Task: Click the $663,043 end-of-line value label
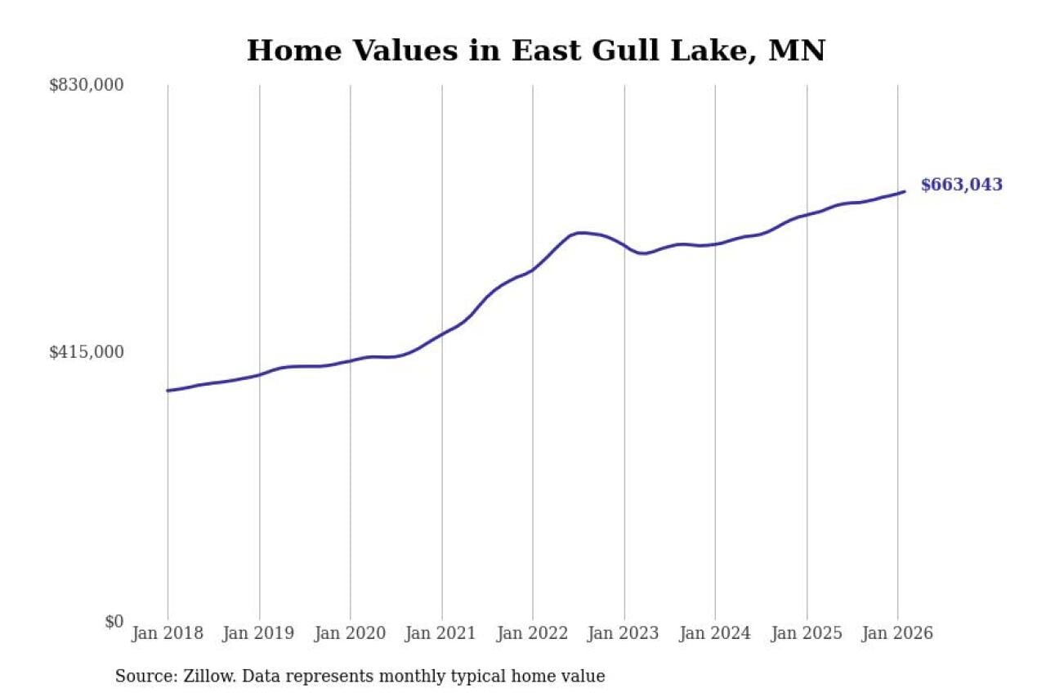[x=961, y=185]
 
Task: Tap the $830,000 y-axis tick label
[x=87, y=85]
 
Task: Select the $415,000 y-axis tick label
[x=87, y=352]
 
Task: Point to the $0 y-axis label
[x=114, y=621]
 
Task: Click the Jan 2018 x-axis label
[x=168, y=633]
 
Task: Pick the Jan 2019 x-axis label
[x=259, y=633]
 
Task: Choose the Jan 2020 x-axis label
[x=350, y=633]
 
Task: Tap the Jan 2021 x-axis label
[x=441, y=633]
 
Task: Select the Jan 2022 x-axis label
[x=533, y=633]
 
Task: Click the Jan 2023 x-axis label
[x=624, y=633]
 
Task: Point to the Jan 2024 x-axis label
[x=715, y=633]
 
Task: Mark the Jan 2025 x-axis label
[x=807, y=633]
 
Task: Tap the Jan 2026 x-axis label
[x=897, y=633]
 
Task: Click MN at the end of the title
[x=802, y=51]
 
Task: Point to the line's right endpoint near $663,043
[x=905, y=192]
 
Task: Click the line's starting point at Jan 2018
[x=168, y=391]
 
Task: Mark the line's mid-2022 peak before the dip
[x=580, y=233]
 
